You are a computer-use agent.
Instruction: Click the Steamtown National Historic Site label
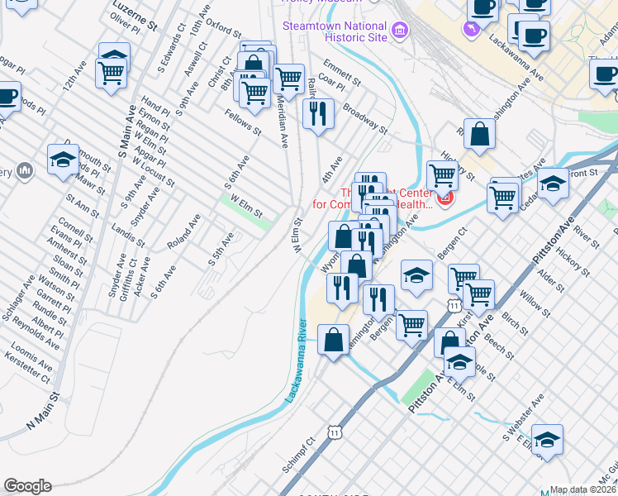[335, 31]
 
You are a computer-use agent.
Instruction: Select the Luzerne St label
[135, 15]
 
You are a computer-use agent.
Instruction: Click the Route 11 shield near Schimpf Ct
[333, 432]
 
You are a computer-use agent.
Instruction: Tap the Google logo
[27, 486]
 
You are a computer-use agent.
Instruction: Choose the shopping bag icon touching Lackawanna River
[333, 341]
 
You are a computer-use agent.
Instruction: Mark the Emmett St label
[342, 73]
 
